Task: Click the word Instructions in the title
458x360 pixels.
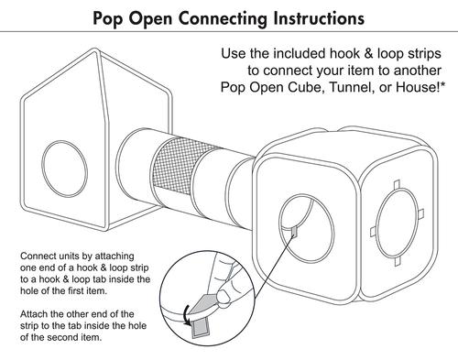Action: coord(319,17)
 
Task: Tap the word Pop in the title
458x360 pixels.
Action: coord(108,19)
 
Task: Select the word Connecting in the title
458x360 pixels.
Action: coord(223,19)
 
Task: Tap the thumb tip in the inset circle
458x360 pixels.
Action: coord(224,297)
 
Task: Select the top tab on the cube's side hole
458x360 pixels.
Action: coord(397,184)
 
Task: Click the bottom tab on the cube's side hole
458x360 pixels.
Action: coord(397,261)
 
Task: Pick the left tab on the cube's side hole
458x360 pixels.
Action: coord(374,232)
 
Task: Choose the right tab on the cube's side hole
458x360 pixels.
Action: coord(420,213)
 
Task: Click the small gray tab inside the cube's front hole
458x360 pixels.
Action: coord(294,232)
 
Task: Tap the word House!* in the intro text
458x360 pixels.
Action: coord(420,87)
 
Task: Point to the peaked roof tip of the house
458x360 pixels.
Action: coord(95,50)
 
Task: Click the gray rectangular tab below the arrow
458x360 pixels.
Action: coord(200,327)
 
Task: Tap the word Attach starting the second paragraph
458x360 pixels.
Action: coord(33,314)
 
